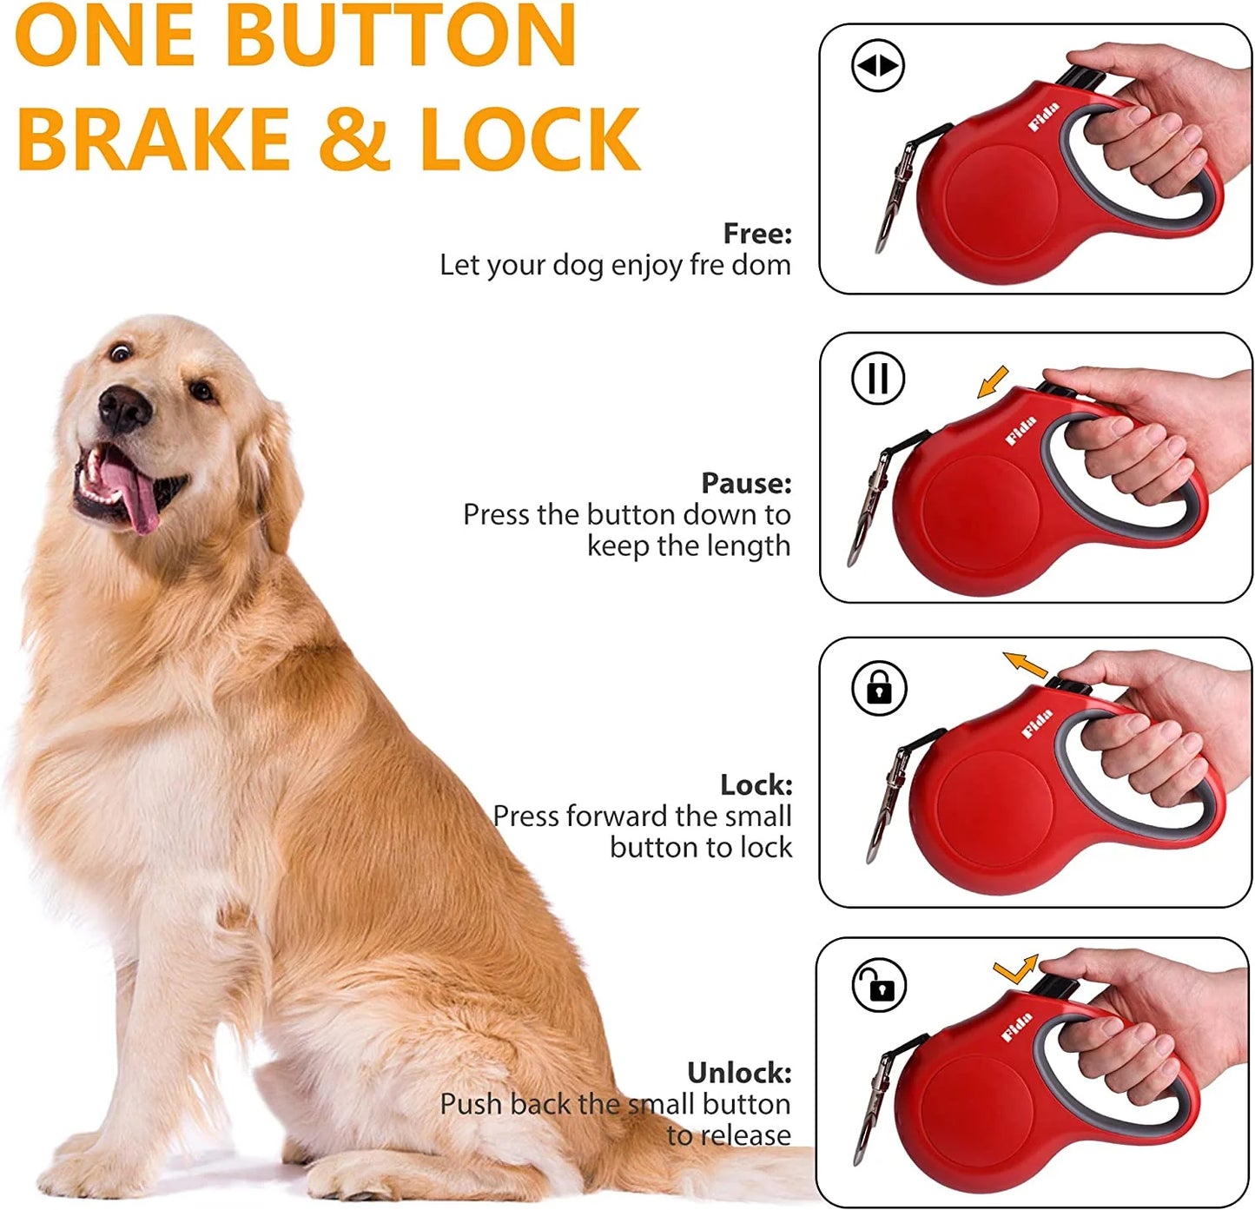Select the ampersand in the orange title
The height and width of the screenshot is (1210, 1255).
353,139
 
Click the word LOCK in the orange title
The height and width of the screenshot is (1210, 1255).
530,139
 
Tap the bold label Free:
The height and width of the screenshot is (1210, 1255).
757,233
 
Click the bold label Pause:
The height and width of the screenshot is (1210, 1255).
746,482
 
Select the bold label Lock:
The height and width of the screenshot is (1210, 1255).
756,784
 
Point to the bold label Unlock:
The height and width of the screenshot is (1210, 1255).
739,1073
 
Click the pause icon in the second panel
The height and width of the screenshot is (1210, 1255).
878,378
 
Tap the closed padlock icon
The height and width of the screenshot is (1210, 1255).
879,688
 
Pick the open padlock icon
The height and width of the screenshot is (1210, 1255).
879,986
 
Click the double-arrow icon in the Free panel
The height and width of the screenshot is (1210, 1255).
878,65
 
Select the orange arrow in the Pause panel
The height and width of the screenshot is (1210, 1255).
993,381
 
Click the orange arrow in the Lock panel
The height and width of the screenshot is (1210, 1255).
1026,665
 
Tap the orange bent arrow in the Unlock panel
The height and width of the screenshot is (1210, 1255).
1016,969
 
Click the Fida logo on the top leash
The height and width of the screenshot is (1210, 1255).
1044,117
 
